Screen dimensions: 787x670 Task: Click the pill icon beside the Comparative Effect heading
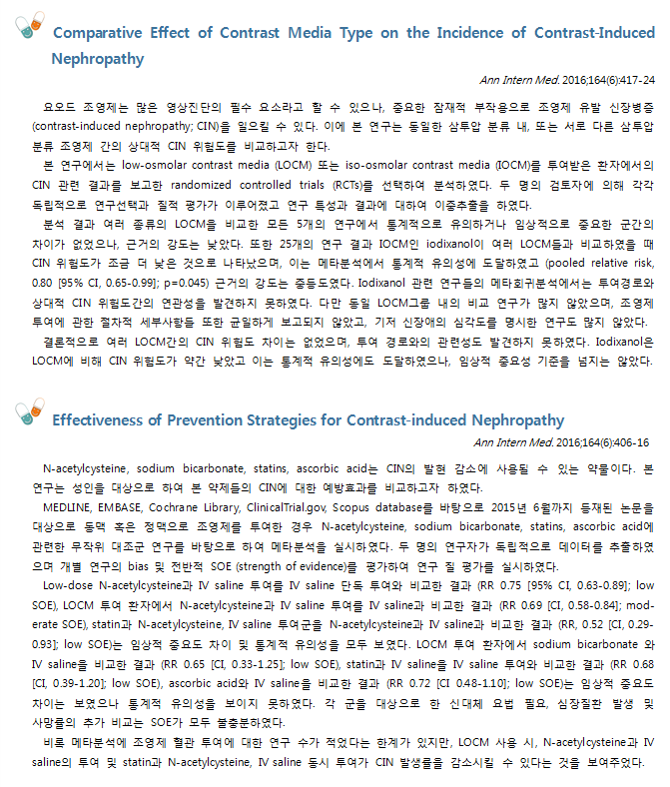click(31, 27)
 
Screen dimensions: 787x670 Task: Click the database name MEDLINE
click(75, 505)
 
